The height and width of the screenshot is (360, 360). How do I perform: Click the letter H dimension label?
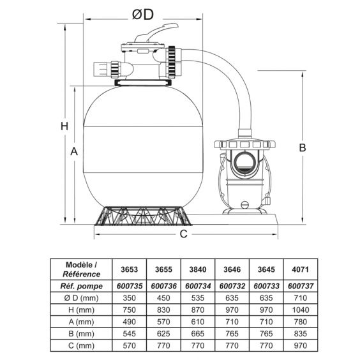(x=64, y=126)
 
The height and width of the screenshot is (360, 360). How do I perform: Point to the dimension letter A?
(x=74, y=152)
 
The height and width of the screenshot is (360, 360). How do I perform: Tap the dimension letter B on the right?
(x=303, y=147)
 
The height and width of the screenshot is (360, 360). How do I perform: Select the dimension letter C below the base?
(x=183, y=234)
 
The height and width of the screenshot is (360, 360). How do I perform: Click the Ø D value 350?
(x=130, y=297)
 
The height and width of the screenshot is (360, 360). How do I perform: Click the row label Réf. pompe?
(x=82, y=285)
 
